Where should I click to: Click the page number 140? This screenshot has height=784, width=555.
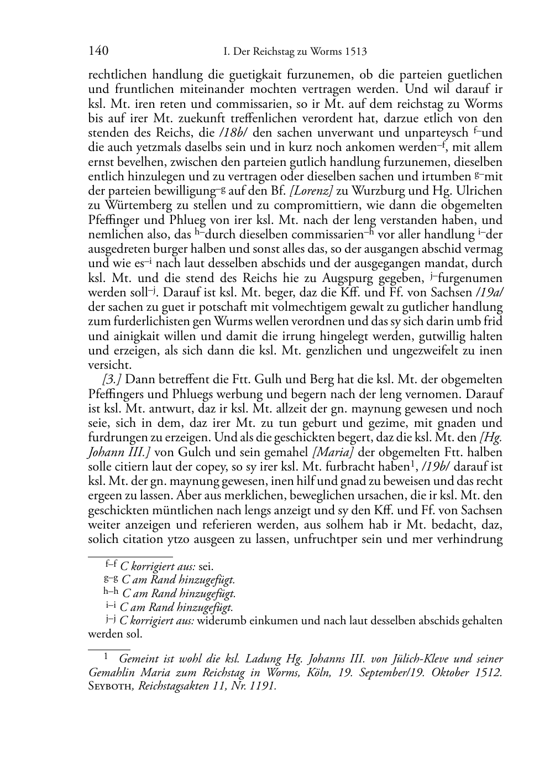click(x=98, y=51)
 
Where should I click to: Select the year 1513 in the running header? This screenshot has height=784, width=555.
click(x=355, y=52)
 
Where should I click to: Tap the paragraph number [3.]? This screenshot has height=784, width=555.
click(x=112, y=380)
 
